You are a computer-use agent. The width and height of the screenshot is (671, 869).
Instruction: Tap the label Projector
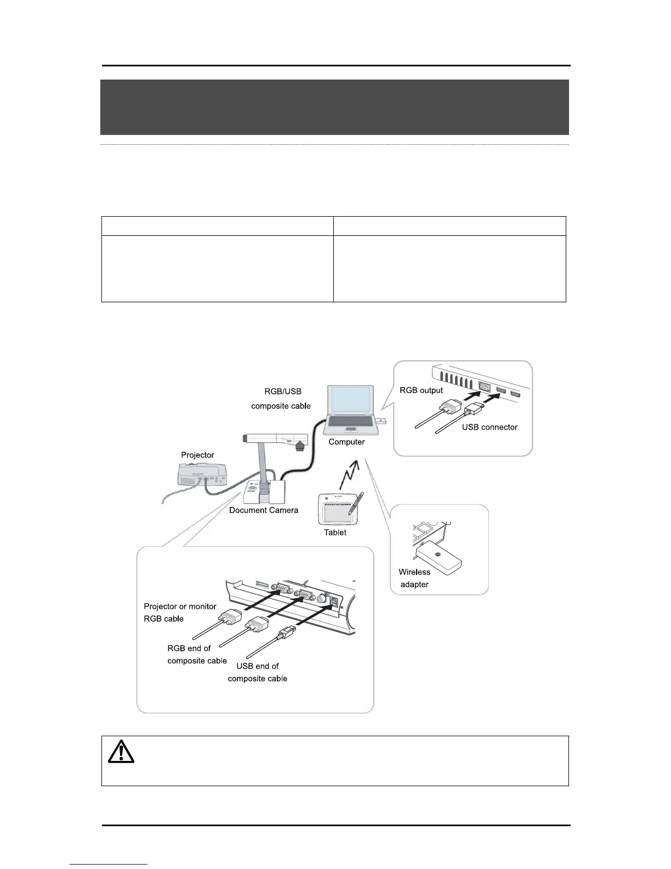[197, 455]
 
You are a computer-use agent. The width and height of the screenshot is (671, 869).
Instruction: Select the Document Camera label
[264, 510]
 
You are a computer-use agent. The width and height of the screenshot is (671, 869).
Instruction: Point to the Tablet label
[335, 532]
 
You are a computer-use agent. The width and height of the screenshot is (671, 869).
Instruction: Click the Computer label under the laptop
[346, 442]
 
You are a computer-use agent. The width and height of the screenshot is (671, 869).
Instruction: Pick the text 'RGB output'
[421, 391]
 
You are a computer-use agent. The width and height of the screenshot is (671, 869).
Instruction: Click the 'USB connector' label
[490, 427]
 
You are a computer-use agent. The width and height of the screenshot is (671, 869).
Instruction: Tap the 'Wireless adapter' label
[414, 578]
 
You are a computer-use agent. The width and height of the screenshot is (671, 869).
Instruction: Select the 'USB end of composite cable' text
[257, 672]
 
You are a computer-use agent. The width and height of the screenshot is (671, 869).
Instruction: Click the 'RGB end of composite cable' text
[197, 654]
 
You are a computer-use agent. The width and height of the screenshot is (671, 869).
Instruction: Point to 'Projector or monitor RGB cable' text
[179, 612]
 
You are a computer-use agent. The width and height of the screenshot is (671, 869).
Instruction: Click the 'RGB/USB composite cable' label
[281, 399]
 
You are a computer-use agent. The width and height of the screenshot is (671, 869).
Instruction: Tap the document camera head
[274, 439]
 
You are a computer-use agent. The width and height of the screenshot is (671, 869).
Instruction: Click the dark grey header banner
[334, 107]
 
